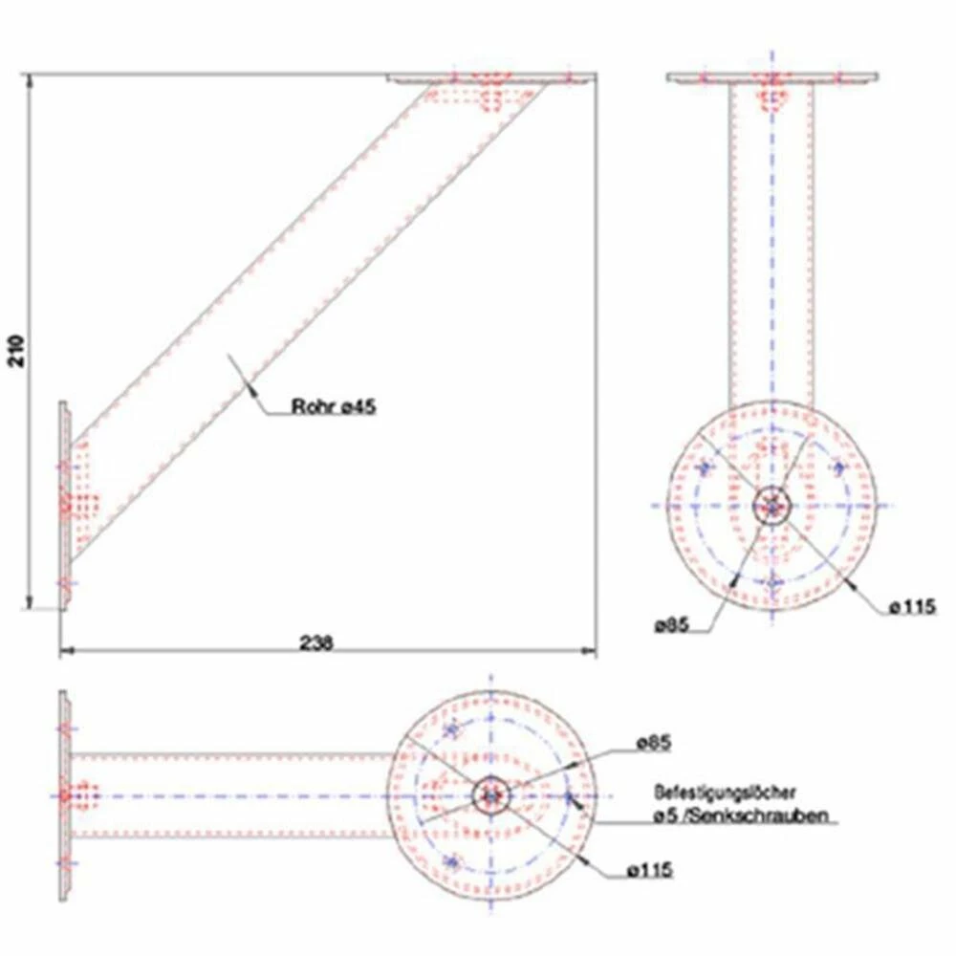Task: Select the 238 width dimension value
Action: point(316,643)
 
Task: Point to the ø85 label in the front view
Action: point(673,625)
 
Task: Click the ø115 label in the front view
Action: point(910,606)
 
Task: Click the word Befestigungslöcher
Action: point(726,793)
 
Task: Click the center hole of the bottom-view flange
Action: point(491,794)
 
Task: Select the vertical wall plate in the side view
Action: point(64,504)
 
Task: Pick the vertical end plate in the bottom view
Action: point(64,793)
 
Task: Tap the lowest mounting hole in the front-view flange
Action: point(772,582)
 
